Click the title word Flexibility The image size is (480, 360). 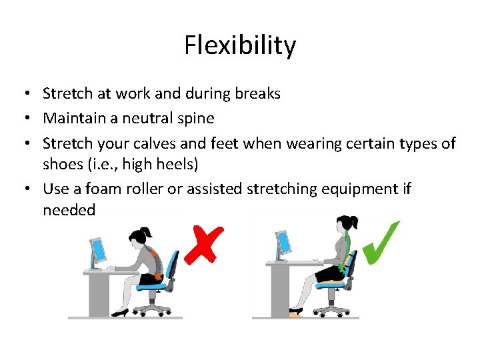tap(240, 46)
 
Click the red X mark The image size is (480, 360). tap(204, 243)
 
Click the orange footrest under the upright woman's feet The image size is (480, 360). tap(295, 313)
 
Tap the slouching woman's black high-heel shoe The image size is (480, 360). tap(121, 312)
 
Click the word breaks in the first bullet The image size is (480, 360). tap(257, 94)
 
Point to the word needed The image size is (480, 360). tap(69, 211)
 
